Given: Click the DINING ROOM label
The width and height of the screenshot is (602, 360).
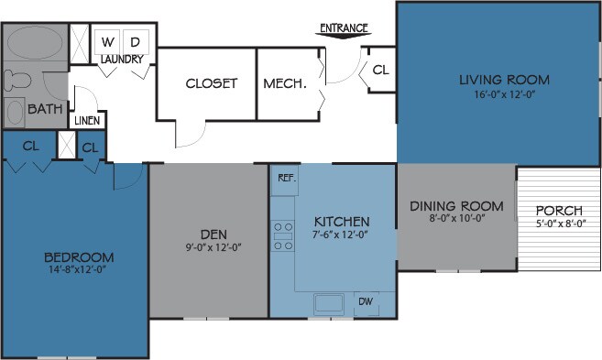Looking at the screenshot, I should click(456, 205).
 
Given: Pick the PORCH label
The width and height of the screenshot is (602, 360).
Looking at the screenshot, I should click(560, 210).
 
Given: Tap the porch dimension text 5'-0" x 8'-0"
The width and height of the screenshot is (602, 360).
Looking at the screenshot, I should click(560, 223).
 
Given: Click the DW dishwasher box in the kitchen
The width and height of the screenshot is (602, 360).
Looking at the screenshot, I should click(365, 302).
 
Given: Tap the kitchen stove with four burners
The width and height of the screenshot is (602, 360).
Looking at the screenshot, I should click(282, 235).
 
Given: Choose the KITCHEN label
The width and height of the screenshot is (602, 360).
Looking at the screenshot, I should click(342, 222).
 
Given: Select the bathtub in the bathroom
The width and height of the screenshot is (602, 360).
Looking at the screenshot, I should click(34, 44).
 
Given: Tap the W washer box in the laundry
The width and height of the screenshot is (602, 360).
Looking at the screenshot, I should click(107, 42).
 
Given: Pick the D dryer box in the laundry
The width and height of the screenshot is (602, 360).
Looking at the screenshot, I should click(135, 42).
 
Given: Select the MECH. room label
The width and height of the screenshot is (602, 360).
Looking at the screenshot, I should click(284, 83).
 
